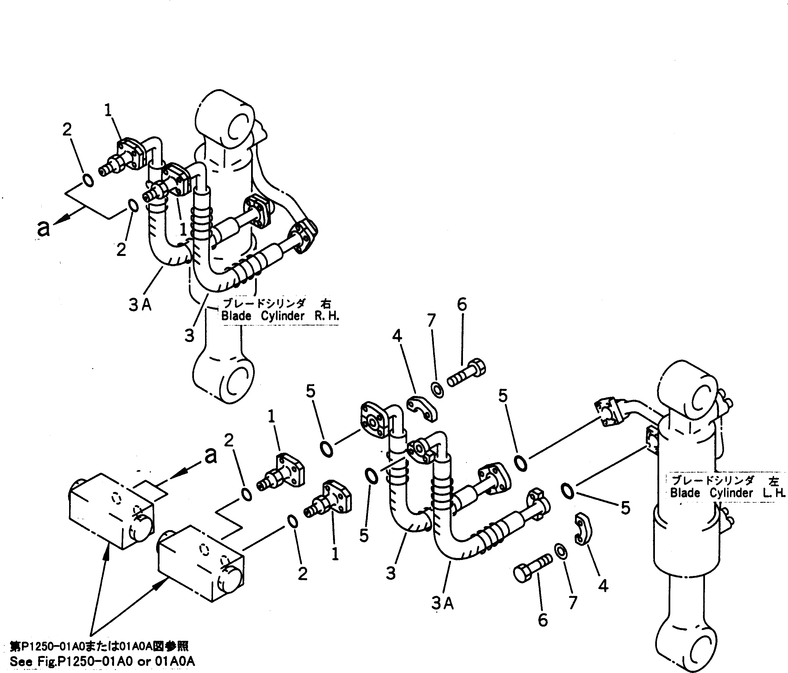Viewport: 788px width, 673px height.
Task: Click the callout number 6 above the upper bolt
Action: (462, 305)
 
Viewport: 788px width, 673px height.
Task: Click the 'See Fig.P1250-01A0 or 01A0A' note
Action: (102, 662)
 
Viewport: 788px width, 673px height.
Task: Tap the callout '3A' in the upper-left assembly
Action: (140, 305)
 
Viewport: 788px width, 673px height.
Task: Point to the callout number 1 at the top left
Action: (108, 111)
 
